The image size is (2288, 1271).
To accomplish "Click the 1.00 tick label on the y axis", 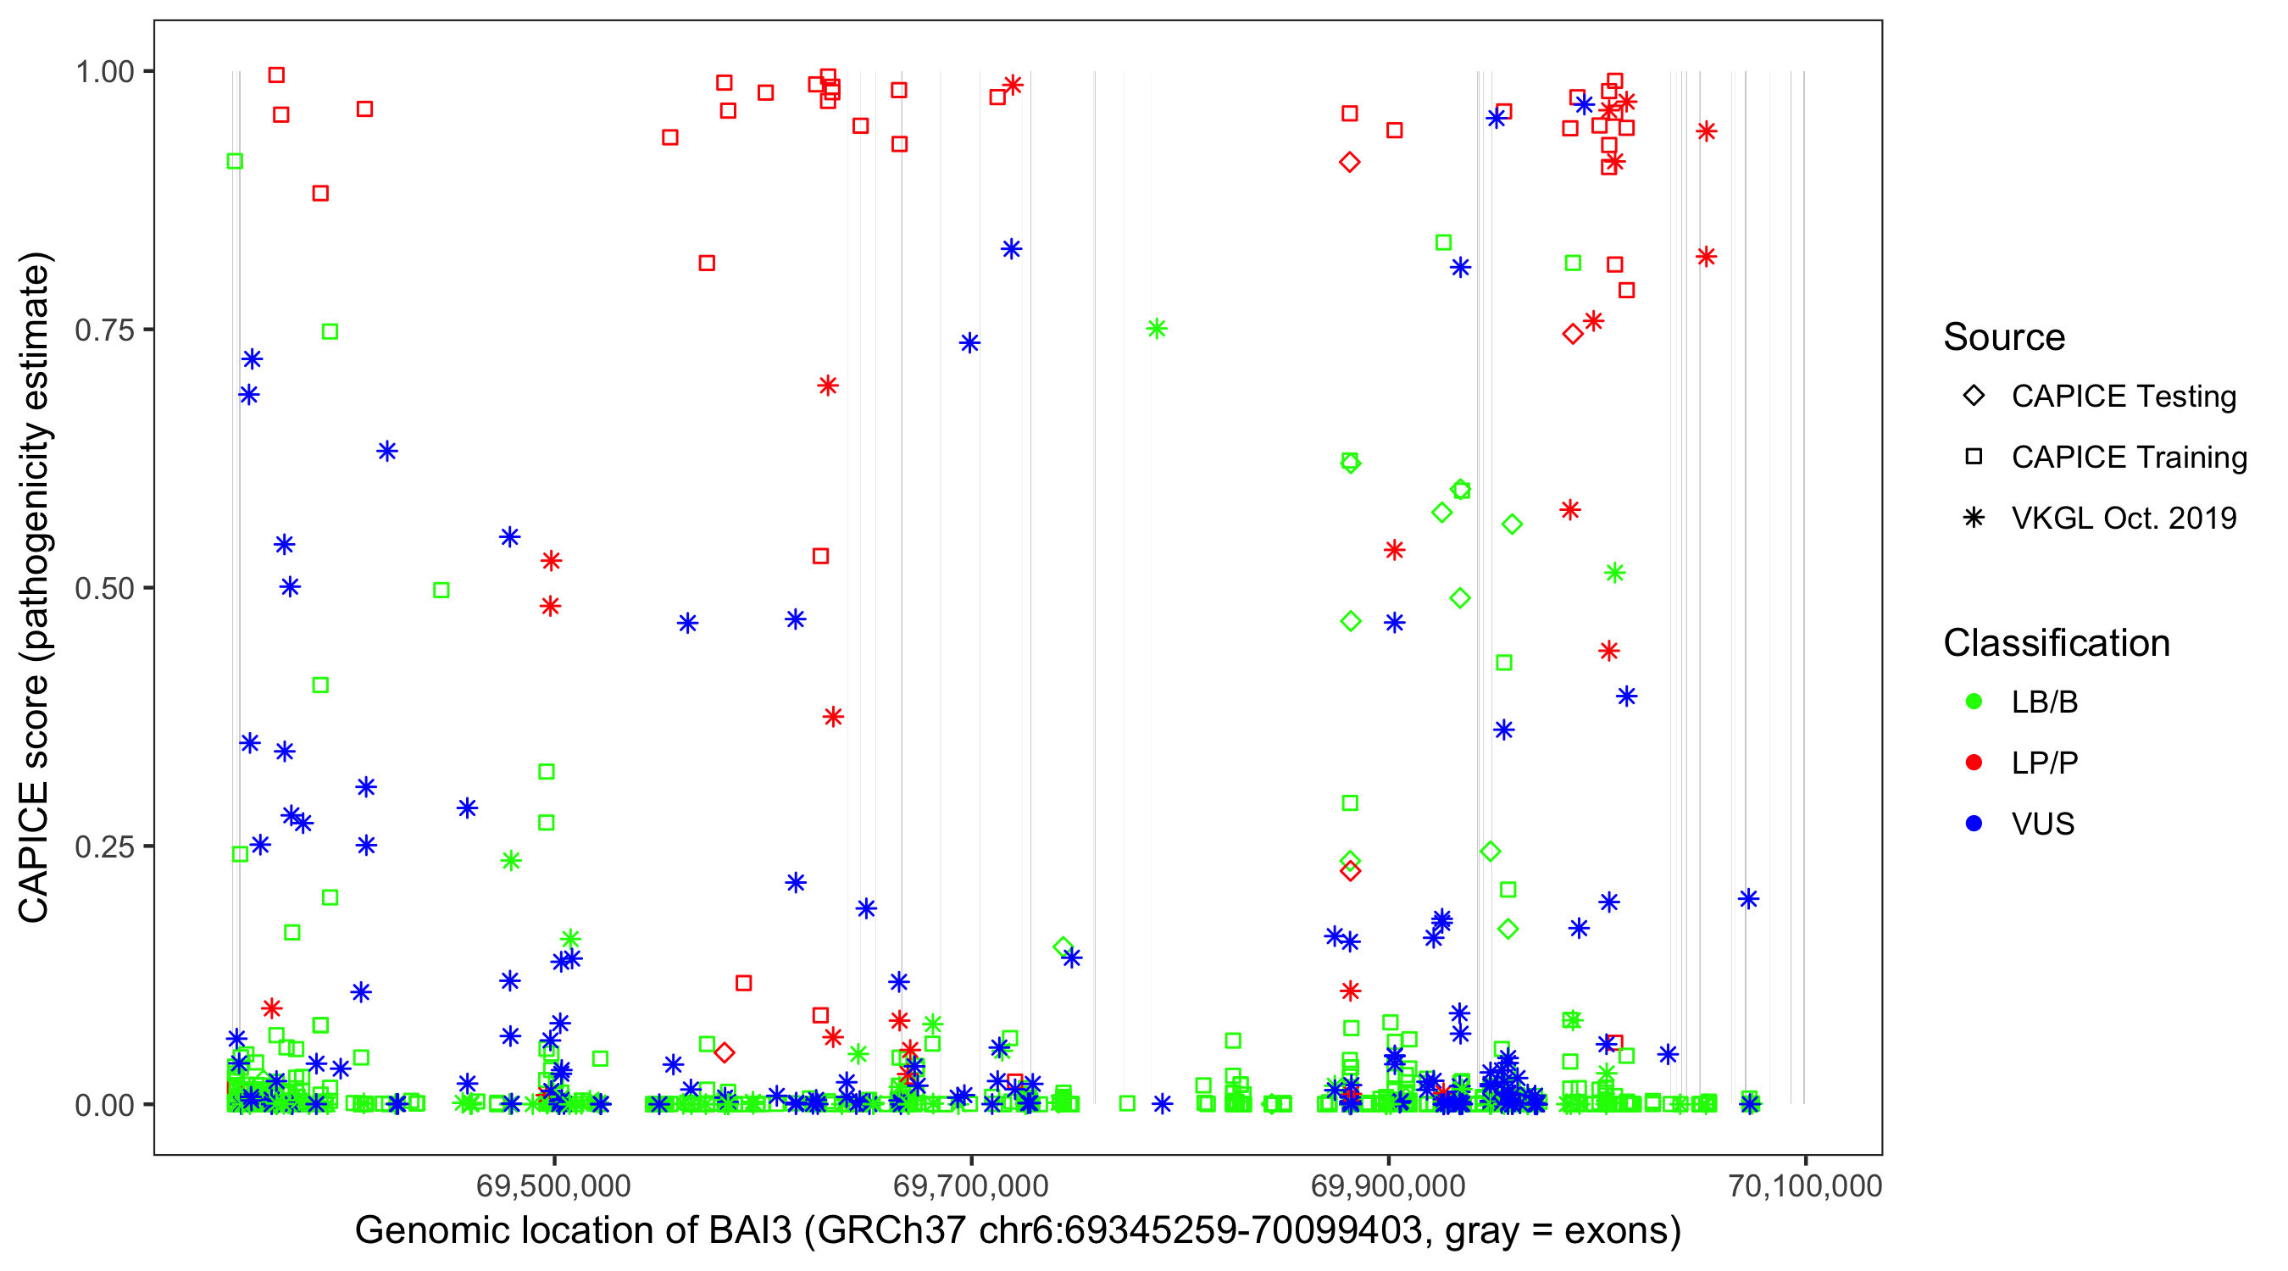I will (104, 71).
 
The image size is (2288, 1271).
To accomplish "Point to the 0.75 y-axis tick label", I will (104, 330).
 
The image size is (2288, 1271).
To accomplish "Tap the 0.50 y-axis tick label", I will (104, 588).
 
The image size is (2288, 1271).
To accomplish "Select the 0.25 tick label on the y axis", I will (104, 846).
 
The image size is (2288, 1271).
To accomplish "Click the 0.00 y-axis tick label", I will (104, 1105).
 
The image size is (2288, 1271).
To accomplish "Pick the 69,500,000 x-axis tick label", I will (553, 1185).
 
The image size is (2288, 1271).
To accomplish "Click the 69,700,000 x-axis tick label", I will (971, 1185).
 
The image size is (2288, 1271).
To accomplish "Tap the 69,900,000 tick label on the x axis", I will (1388, 1185).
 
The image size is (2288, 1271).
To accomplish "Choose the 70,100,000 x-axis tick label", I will (1805, 1185).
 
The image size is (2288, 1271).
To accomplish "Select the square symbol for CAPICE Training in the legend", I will (1974, 457).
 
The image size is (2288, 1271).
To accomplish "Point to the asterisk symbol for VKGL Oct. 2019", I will (1974, 518).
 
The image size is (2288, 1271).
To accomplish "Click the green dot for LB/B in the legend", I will (1974, 702).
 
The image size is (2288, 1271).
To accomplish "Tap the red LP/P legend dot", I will (1974, 762).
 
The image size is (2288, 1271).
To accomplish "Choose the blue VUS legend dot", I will (1974, 824).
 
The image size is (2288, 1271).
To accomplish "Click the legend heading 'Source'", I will (2004, 337).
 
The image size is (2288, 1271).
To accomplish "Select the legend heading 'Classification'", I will (2056, 643).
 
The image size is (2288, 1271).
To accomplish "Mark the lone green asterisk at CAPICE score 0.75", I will (1156, 330).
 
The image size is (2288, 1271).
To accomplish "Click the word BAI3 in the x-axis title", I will (750, 1231).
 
